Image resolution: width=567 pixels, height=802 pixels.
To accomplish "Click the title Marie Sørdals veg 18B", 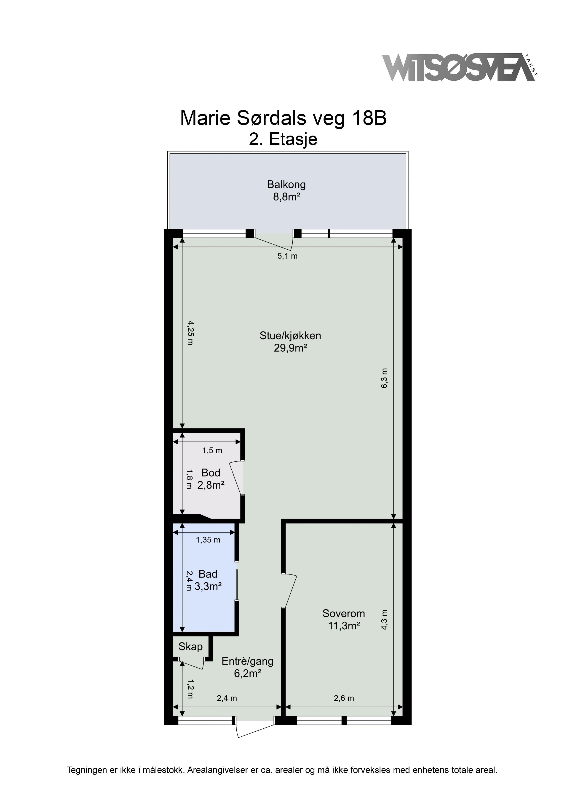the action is click(x=283, y=118).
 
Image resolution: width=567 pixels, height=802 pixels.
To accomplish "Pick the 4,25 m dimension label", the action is click(x=190, y=333).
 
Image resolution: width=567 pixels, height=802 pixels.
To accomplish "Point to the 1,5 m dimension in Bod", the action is click(x=212, y=451).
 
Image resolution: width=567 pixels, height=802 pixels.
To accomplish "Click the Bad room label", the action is click(x=208, y=574).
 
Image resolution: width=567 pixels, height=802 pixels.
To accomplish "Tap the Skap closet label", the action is click(x=190, y=647).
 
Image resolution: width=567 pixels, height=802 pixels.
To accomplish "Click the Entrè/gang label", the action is click(x=248, y=661).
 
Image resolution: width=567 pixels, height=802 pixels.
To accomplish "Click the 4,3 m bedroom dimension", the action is click(x=384, y=619).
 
